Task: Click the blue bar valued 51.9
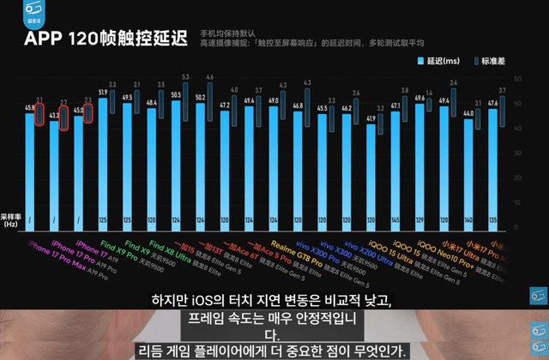103,163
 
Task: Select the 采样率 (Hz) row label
10,220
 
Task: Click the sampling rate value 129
419,221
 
